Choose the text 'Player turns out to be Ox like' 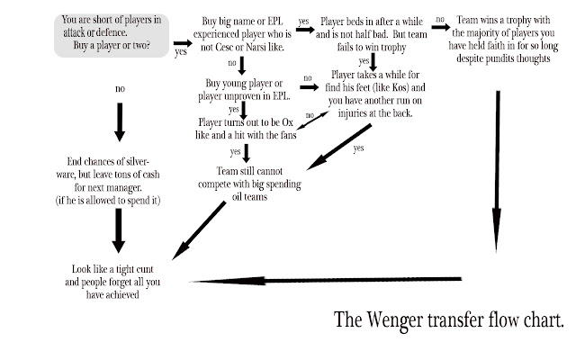coord(244,128)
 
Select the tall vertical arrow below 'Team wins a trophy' coord(495,162)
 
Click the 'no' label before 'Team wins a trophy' coord(439,17)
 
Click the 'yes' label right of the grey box coord(180,52)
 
